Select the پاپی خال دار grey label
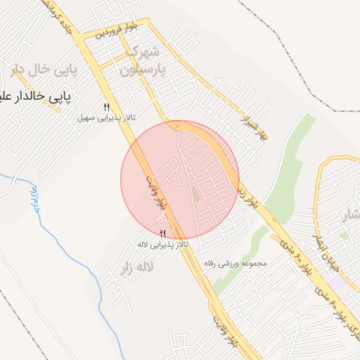click(38, 69)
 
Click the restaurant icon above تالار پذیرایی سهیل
click(107, 107)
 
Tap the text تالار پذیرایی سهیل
click(105, 117)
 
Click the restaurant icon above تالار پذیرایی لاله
click(163, 233)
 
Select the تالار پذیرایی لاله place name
click(163, 244)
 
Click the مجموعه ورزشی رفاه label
click(235, 263)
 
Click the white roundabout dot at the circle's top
click(177, 127)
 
